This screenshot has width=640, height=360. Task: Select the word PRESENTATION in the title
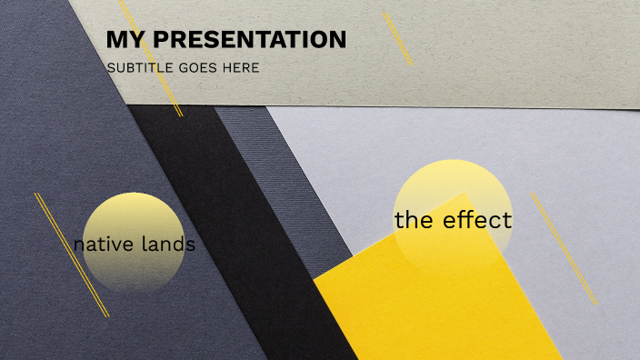tap(249, 40)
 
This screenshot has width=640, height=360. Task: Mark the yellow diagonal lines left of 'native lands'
tap(72, 255)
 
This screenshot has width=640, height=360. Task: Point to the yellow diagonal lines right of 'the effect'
tap(565, 248)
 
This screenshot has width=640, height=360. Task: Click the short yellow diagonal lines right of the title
tap(397, 38)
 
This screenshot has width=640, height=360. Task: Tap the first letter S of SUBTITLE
tap(110, 68)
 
